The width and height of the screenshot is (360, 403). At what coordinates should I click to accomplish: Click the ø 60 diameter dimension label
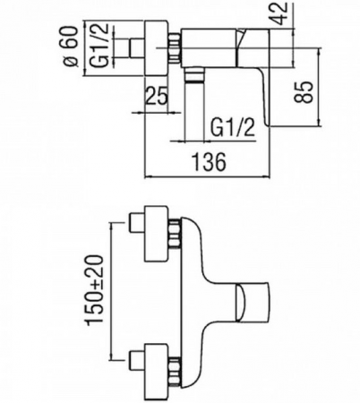point(71,46)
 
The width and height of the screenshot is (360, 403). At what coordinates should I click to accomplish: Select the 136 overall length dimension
point(209,162)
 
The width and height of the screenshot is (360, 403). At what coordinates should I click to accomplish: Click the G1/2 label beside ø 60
point(99,46)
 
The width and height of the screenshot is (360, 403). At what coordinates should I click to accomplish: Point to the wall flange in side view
point(156,48)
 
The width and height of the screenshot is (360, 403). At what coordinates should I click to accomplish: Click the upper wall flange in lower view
point(156,233)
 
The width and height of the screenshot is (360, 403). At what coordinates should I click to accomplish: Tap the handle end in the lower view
point(253,302)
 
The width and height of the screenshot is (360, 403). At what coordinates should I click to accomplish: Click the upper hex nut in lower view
point(175,233)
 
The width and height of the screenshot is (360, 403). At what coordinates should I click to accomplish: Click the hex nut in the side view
point(175,48)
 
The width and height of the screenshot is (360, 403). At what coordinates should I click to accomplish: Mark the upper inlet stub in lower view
point(137,222)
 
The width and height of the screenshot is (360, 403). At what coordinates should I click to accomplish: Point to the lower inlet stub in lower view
point(137,360)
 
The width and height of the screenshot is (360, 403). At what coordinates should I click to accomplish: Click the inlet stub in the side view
point(137,48)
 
